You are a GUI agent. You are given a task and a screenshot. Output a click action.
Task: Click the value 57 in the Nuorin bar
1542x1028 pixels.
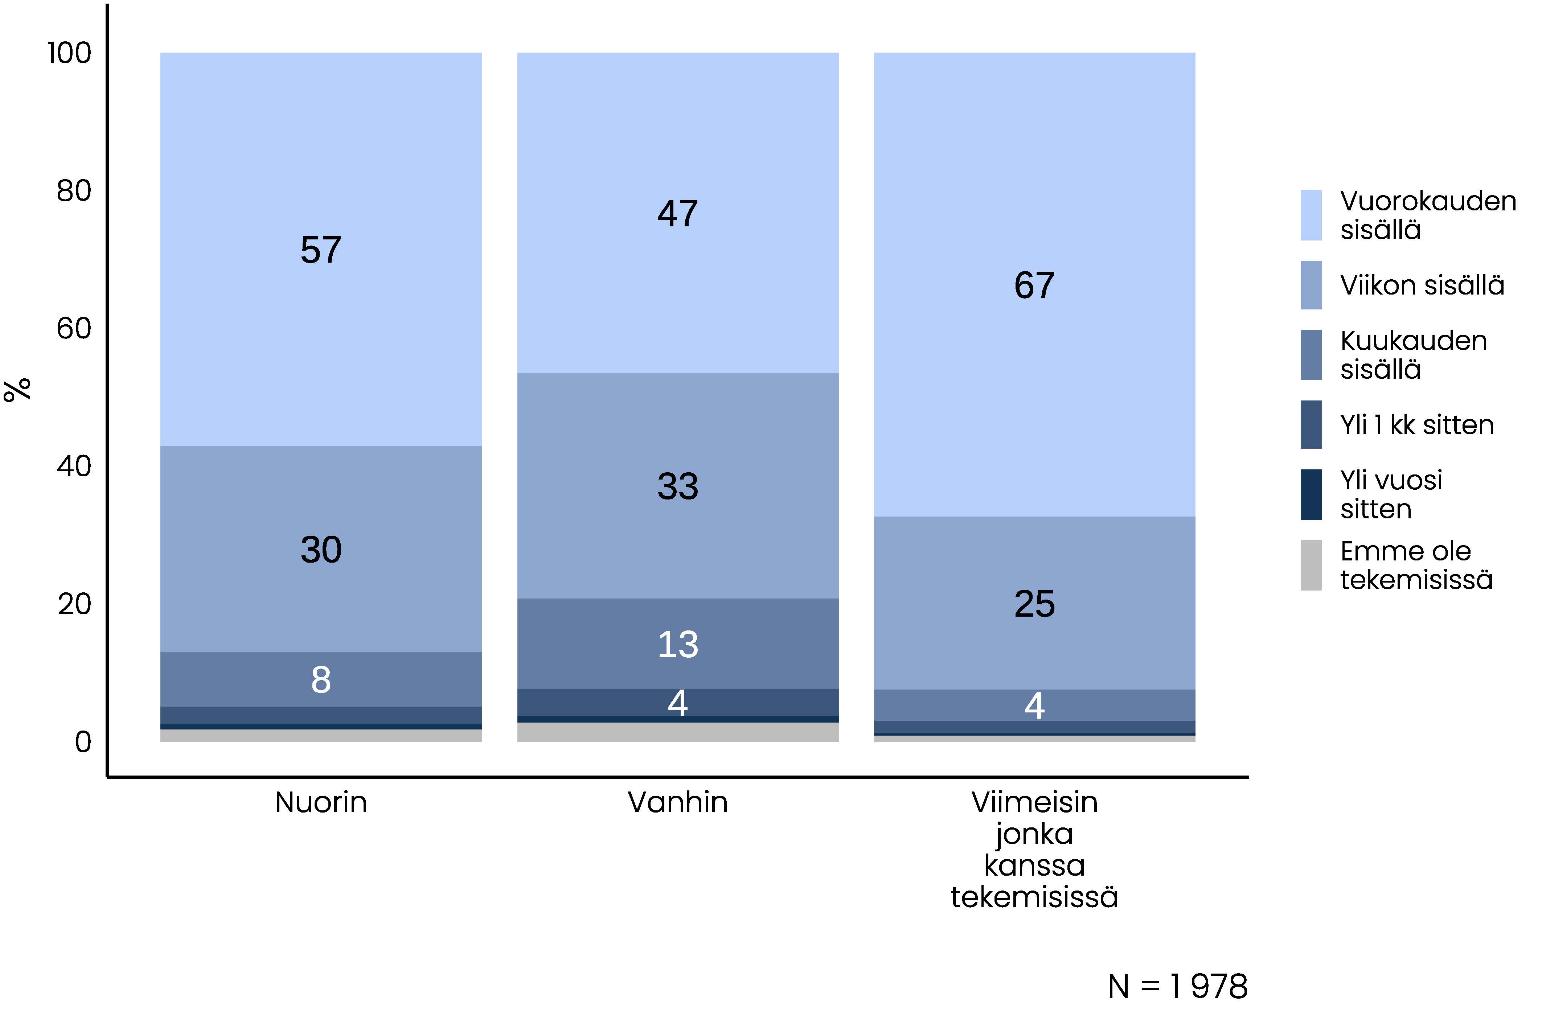click(x=321, y=250)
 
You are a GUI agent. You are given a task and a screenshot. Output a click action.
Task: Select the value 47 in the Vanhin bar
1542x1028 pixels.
click(x=677, y=214)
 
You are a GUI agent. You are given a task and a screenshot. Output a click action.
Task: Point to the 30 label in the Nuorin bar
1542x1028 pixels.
click(x=321, y=550)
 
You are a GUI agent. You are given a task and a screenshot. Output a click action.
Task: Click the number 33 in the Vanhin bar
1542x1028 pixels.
click(x=677, y=486)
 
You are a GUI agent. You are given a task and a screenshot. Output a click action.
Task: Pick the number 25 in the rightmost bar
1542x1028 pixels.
click(x=1034, y=604)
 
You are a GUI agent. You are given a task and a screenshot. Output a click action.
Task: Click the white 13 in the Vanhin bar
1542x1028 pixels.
click(x=677, y=645)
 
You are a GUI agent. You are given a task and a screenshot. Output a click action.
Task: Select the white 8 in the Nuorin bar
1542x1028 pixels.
click(x=321, y=680)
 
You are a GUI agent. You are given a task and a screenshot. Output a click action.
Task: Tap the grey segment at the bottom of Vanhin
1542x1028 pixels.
click(x=677, y=732)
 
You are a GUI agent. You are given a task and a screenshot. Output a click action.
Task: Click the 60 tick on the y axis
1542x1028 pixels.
click(x=73, y=329)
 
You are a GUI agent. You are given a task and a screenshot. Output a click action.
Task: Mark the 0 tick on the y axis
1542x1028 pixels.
click(x=83, y=742)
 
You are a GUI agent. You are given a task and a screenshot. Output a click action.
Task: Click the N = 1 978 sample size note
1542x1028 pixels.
click(x=1177, y=987)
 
